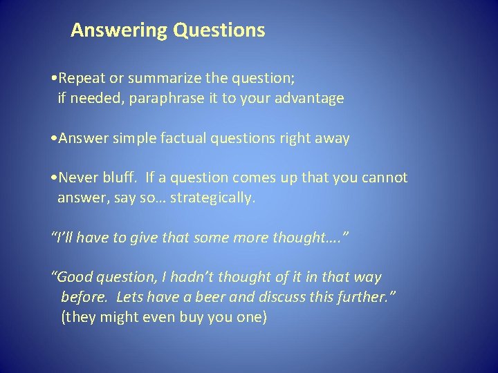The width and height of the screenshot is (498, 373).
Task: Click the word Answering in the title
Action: click(119, 31)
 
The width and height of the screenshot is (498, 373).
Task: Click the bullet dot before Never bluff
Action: click(55, 178)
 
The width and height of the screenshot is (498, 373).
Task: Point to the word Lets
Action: click(131, 297)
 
